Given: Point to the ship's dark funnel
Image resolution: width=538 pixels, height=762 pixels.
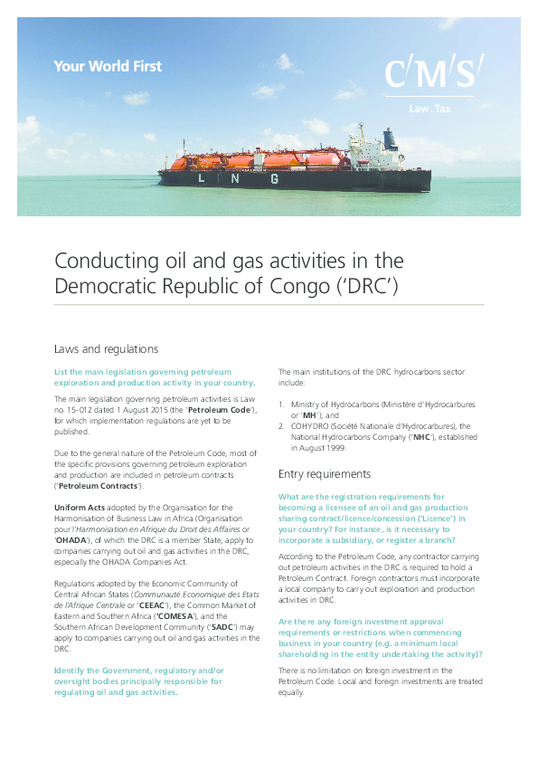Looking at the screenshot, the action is pyautogui.click(x=390, y=138).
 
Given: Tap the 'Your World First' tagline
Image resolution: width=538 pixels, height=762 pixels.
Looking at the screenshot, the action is pyautogui.click(x=108, y=65).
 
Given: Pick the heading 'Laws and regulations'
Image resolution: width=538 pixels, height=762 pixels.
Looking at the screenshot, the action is pyautogui.click(x=107, y=348).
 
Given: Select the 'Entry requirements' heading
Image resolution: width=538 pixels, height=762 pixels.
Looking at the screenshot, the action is pyautogui.click(x=324, y=473).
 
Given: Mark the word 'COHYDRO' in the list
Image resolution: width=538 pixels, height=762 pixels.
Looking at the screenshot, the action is pyautogui.click(x=310, y=425).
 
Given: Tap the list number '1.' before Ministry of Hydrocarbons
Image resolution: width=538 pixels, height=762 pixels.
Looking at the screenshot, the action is pyautogui.click(x=281, y=404).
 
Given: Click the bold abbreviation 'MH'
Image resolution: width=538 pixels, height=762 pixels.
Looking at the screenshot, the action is pyautogui.click(x=309, y=414).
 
